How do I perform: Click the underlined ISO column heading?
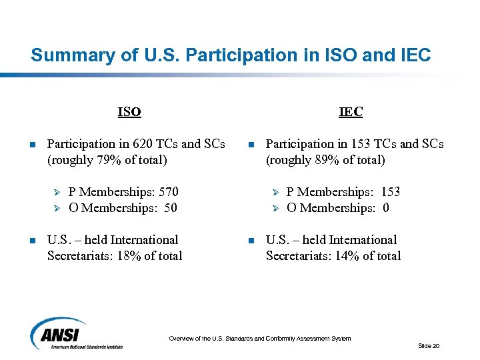(129, 112)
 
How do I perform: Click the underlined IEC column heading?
(351, 112)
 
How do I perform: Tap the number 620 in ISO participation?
(143, 144)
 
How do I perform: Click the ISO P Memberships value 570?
(167, 192)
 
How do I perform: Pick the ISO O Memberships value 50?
(170, 208)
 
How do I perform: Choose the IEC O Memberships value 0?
(385, 208)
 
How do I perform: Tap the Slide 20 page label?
(429, 346)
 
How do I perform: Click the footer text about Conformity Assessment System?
(259, 339)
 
